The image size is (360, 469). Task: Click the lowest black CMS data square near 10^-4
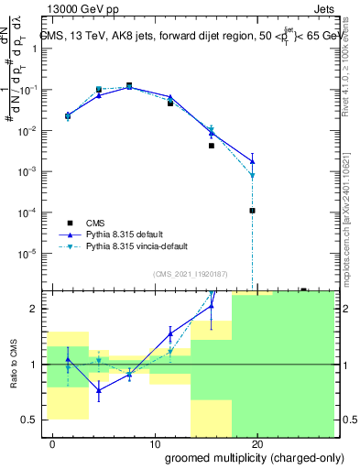tap(252, 211)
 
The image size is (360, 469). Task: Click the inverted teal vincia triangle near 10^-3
tap(252, 175)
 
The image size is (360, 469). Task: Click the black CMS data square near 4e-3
tap(211, 146)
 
